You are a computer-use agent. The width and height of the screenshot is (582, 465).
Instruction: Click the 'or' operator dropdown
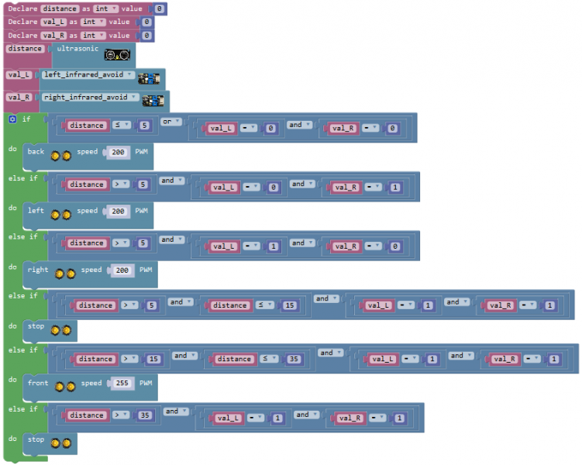[170, 122]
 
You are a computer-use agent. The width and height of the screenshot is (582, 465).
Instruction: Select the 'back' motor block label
[36, 152]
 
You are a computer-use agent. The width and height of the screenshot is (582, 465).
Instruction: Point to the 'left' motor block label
[36, 211]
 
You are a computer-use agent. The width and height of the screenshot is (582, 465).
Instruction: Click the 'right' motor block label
[38, 270]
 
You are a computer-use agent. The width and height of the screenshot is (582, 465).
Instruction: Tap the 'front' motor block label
[38, 384]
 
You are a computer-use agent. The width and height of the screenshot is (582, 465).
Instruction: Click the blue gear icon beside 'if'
[12, 119]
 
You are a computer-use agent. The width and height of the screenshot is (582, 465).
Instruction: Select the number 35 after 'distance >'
[144, 415]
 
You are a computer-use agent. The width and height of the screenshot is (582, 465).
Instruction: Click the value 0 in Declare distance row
[159, 9]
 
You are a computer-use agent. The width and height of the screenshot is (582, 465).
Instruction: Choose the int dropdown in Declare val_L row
[92, 22]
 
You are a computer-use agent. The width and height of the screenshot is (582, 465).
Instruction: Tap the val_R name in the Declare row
[53, 36]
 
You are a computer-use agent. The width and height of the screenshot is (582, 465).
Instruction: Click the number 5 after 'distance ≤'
[143, 126]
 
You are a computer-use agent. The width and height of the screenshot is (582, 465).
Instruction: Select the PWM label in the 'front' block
[146, 384]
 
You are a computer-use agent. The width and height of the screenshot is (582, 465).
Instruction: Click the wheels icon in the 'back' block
[60, 155]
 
